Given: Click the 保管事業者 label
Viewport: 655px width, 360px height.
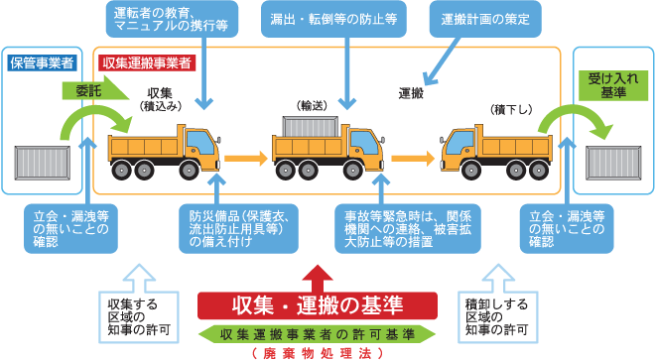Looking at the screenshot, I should pyautogui.click(x=43, y=62).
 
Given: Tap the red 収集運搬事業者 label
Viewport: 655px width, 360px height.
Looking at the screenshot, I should pyautogui.click(x=146, y=62).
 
